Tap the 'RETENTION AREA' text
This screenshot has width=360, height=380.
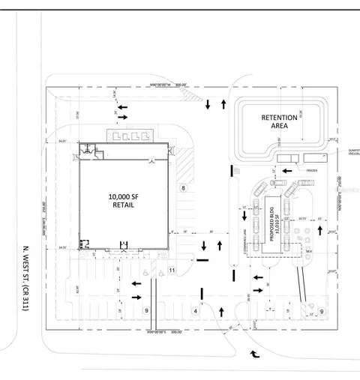pyautogui.click(x=278, y=121)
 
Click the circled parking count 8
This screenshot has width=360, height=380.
pyautogui.click(x=182, y=188)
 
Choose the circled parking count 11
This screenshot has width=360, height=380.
pyautogui.click(x=172, y=270)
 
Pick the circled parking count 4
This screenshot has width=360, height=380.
pyautogui.click(x=195, y=310)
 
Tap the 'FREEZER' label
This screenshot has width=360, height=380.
pyautogui.click(x=312, y=171)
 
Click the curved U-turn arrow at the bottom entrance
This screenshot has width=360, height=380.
pyautogui.click(x=255, y=352)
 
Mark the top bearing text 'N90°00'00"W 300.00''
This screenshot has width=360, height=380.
pyautogui.click(x=170, y=84)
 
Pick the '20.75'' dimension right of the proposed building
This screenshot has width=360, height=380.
pyautogui.click(x=301, y=219)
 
